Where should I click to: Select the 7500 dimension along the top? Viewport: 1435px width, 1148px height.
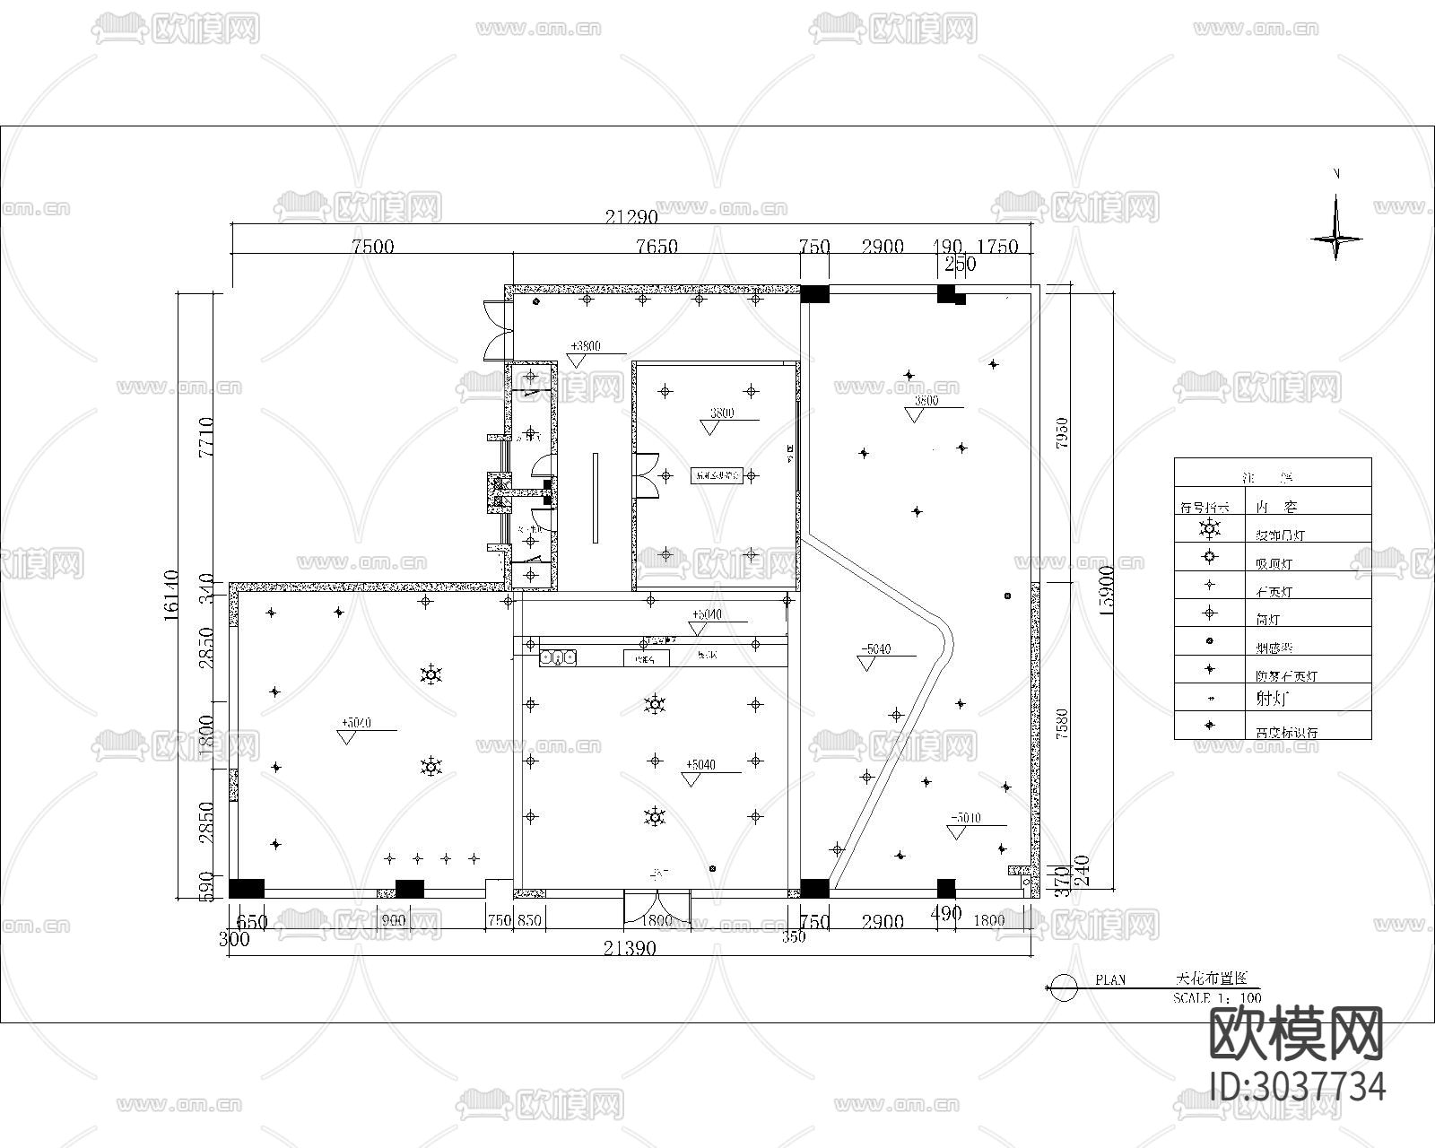[372, 247]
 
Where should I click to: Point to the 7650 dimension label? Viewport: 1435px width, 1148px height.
[657, 247]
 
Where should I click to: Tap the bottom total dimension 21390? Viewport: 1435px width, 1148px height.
[629, 948]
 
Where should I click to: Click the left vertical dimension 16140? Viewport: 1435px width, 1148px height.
[172, 593]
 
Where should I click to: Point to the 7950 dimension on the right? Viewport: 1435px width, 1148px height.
[1063, 433]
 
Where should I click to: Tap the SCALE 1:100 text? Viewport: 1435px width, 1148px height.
[1217, 997]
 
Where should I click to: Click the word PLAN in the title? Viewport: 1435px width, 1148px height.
[1110, 980]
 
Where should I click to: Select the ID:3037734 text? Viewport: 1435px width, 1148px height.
[1297, 1086]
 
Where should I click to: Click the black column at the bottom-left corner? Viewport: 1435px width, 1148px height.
[246, 888]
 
